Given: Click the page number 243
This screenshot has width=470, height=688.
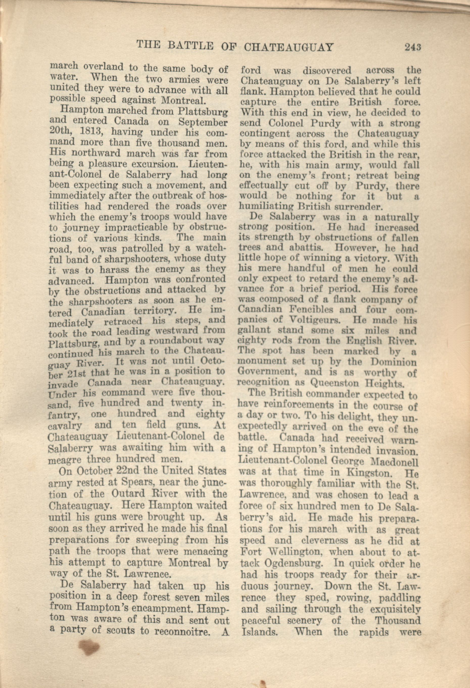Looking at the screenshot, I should tap(413, 47).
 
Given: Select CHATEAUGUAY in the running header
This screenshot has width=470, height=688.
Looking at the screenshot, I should tap(289, 47).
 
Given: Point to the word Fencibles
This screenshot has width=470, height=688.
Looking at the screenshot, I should tap(314, 309).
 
